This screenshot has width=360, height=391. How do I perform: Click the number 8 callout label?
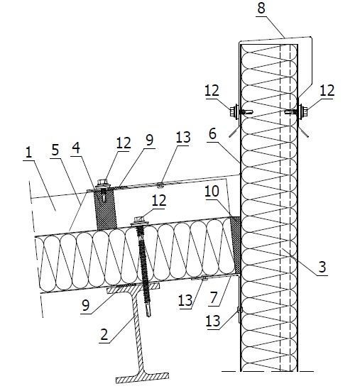[x=261, y=8]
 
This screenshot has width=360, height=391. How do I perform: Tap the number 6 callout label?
[x=212, y=134]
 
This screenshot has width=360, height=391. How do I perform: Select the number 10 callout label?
[x=212, y=192]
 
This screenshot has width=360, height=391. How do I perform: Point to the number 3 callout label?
[x=322, y=267]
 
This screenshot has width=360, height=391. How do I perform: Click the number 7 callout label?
[x=213, y=298]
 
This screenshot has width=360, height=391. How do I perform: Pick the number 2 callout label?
[x=104, y=334]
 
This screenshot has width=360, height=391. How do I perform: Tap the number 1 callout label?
[x=29, y=152]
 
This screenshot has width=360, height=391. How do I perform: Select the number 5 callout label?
[x=55, y=150]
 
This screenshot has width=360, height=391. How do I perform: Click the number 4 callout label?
[x=76, y=148]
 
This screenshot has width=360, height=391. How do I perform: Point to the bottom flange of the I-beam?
[x=143, y=378]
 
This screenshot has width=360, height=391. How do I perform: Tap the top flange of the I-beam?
[x=133, y=287]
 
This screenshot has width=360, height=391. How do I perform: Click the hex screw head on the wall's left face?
[x=234, y=111]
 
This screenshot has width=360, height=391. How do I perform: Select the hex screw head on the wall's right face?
[x=303, y=111]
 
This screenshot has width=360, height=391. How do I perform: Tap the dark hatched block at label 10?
[x=235, y=245]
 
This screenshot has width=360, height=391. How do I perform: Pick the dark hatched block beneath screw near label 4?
[x=106, y=210]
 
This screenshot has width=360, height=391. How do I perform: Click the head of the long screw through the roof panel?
[x=139, y=221]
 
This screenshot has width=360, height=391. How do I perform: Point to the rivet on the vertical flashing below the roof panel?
[x=239, y=310]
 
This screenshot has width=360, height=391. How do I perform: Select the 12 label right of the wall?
[x=327, y=91]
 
